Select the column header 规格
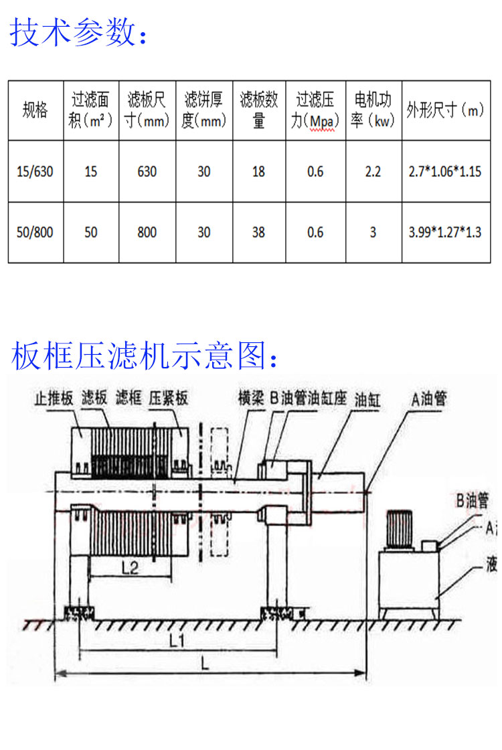35,110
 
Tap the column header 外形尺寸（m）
445,110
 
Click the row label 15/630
35,171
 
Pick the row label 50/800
35,232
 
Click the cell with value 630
147,171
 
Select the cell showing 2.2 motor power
373,171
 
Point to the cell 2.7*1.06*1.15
445,171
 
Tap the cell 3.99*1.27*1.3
445,232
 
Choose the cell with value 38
258,232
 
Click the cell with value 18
258,171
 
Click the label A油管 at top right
429,399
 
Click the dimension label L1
177,640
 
